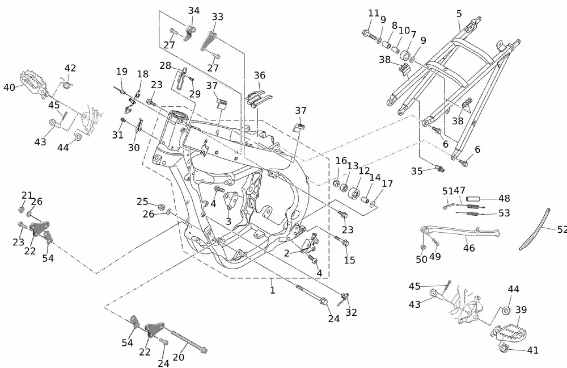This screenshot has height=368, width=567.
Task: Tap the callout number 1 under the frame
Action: [x=273, y=290]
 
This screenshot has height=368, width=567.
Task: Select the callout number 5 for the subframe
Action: [x=459, y=13]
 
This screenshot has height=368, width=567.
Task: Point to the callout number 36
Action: [x=259, y=75]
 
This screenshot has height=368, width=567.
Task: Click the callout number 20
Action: [x=179, y=357]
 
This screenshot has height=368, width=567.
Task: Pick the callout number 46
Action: [x=469, y=248]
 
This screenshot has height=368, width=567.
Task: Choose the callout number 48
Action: [x=503, y=199]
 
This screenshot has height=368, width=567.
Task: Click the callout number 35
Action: [x=417, y=170]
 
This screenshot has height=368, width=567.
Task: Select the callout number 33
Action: [x=218, y=17]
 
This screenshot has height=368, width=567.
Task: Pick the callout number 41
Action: [x=532, y=350]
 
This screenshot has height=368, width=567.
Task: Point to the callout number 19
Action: [x=122, y=72]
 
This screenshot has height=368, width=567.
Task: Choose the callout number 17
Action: [x=387, y=183]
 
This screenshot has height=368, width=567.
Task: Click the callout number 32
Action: [x=352, y=312]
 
